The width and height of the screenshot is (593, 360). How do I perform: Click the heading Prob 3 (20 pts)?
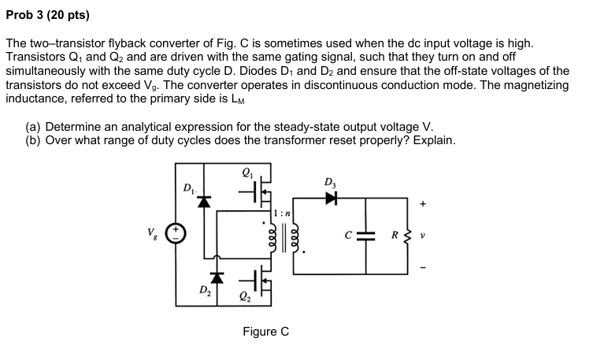[47, 15]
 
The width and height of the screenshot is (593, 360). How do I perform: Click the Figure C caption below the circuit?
[265, 332]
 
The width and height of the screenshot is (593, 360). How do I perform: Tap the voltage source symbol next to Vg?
[177, 233]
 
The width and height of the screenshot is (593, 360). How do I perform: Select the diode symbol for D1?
[204, 201]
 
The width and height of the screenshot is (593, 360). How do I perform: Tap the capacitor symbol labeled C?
[367, 234]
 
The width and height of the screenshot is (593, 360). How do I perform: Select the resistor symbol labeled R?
[408, 234]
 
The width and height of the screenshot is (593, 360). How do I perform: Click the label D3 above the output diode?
[328, 184]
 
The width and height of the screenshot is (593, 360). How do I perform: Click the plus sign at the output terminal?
[424, 203]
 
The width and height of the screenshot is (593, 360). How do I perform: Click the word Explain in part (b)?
[433, 140]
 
